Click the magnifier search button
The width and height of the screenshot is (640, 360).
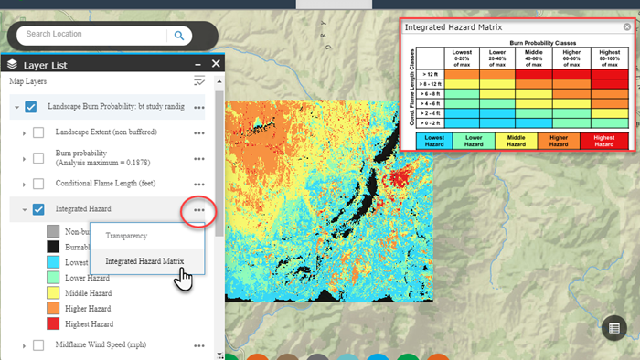click(x=179, y=36)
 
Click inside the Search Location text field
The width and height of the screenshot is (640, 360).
click(x=91, y=35)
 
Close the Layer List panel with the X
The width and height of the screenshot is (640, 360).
click(x=216, y=64)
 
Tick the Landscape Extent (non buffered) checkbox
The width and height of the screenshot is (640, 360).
click(x=38, y=132)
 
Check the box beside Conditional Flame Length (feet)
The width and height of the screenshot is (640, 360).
click(x=38, y=184)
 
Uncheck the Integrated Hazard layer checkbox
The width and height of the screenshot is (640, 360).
click(x=38, y=209)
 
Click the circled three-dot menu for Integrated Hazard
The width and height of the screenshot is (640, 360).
click(x=198, y=210)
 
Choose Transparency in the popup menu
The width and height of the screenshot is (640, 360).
click(x=126, y=236)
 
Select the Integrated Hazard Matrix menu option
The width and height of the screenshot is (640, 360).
click(x=144, y=261)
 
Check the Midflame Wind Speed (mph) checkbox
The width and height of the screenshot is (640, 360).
click(x=38, y=345)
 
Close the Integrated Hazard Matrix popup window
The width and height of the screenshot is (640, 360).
click(x=626, y=27)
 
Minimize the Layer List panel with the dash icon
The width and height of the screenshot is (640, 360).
click(x=197, y=64)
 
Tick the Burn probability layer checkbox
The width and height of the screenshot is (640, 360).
click(x=38, y=158)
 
